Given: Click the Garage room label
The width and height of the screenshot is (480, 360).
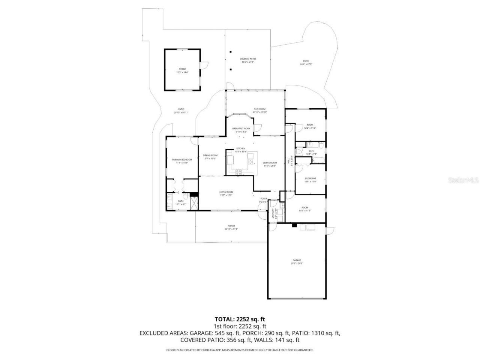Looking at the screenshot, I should click(x=297, y=260).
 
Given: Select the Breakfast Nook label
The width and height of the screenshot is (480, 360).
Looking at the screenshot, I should click(x=241, y=129).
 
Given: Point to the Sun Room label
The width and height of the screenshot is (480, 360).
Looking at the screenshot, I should click(x=259, y=109).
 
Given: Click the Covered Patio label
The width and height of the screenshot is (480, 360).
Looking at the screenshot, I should click(x=248, y=59).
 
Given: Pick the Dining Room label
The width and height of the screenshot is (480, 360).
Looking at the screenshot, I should click(x=210, y=155).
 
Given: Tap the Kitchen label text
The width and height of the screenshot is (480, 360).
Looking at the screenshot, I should click(x=240, y=148).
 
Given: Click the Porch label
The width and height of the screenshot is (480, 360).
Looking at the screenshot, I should click(x=231, y=226).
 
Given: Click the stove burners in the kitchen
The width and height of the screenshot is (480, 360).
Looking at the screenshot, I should click(x=238, y=172).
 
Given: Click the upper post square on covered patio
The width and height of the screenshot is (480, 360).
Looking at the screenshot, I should click(x=231, y=52).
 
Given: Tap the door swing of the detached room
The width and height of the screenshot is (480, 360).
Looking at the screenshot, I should click(x=204, y=66).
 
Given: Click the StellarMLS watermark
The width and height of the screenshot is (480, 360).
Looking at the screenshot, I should click(x=463, y=180).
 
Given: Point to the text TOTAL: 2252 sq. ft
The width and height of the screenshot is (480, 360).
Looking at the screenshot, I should click(x=240, y=319).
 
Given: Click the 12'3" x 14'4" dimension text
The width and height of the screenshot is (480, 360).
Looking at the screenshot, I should click(x=182, y=72).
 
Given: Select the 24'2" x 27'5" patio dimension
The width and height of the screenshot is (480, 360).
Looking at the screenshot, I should click(x=306, y=64).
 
